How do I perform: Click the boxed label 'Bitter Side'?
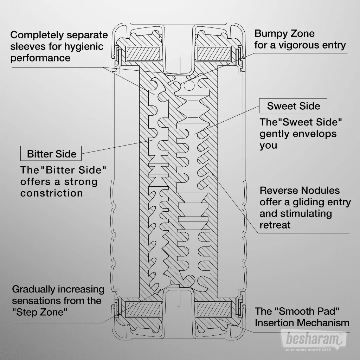coord(51,154)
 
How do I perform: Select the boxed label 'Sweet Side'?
coord(293,106)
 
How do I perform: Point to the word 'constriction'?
coord(52,193)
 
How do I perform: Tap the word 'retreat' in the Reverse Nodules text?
coord(275,225)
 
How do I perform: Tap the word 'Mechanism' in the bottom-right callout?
coord(327,323)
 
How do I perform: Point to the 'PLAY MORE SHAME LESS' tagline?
coord(314,350)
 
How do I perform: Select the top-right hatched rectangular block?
coord(214,53)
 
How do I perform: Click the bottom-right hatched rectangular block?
coord(214,309)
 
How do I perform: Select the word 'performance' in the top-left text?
coord(40,58)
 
